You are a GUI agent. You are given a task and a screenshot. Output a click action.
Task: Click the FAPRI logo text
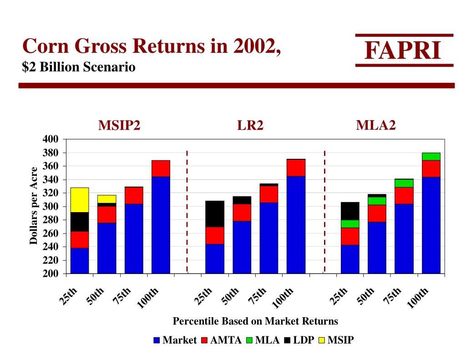coord(403,51)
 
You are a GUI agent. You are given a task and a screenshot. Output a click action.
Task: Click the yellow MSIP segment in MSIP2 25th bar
coord(80,200)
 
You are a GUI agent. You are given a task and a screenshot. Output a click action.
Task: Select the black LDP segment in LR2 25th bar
coord(215,213)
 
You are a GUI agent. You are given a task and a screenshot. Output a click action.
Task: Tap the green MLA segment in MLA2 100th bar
coord(431,157)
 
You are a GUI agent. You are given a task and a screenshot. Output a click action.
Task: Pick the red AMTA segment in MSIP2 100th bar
coord(161,168)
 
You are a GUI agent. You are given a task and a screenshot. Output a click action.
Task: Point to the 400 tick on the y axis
coord(51,139)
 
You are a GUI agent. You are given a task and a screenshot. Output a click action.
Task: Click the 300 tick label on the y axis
coord(51,207)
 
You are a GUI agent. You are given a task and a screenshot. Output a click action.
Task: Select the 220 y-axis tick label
coord(51,260)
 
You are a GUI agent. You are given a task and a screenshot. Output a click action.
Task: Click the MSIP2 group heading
coord(119,126)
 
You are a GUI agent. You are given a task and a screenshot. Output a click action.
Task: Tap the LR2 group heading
coord(250,126)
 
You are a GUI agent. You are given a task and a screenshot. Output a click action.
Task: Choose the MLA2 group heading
coord(375,125)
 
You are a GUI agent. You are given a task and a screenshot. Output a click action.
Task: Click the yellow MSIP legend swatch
coord(322,340)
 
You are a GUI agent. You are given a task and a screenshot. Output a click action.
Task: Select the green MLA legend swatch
coord(249,340)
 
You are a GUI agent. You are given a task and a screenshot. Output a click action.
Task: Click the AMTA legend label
coord(226,340)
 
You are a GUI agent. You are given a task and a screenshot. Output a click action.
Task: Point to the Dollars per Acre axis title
coord(34,206)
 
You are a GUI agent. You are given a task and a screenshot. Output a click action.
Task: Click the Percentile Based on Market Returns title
coord(255,321)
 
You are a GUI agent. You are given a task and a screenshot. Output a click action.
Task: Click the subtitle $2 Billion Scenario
coord(79,67)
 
